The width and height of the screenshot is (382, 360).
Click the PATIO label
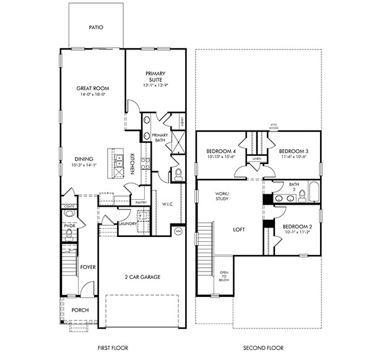95,27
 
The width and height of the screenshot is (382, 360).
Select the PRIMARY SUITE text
155,77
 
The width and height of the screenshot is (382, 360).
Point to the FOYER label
88,267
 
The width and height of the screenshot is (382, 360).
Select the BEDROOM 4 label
220,151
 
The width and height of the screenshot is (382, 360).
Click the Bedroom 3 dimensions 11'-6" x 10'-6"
293,157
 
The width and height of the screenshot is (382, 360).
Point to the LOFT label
239,229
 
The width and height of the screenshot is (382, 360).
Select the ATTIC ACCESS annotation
273,127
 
